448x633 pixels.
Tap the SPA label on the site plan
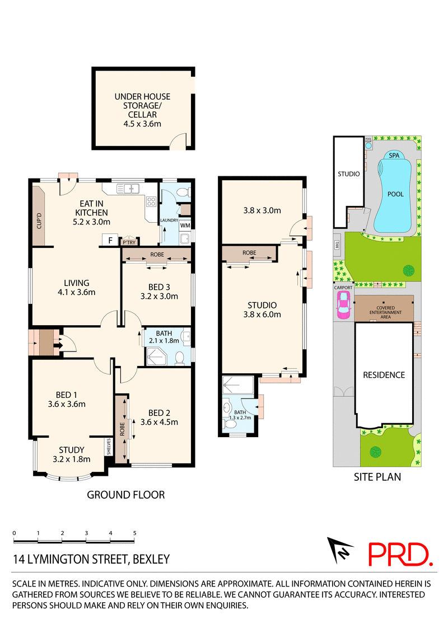(x=394, y=156)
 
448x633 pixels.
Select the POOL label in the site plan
(x=395, y=194)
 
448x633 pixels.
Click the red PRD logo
(x=400, y=554)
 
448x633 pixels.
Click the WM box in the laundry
(x=185, y=226)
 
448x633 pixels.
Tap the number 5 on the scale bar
(x=134, y=533)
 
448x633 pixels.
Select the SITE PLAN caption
(x=377, y=477)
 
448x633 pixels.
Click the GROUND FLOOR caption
(x=125, y=494)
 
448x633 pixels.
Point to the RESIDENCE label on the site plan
(x=384, y=374)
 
